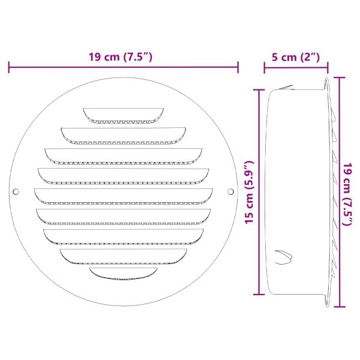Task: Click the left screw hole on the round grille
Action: point(16,192)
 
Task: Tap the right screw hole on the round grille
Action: point(231,192)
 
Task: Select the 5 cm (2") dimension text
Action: point(296,57)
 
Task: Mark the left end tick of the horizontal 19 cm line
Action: point(9,68)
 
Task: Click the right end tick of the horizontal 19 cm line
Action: point(238,68)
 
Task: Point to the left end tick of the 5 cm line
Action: point(265,68)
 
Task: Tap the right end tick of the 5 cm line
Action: point(328,68)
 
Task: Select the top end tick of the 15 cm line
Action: point(258,90)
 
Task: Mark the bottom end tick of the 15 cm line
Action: point(258,294)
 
